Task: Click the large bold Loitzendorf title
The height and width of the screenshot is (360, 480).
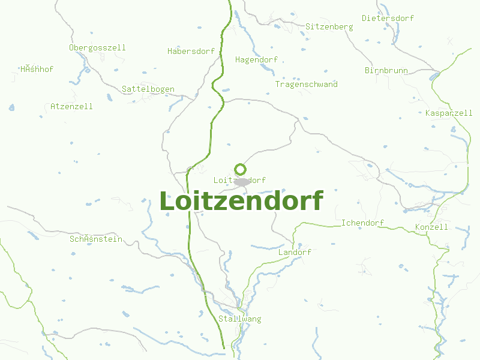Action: (x=241, y=201)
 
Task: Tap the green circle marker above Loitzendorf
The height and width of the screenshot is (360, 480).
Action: (x=240, y=169)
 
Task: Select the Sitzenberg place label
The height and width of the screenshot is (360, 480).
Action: (x=329, y=27)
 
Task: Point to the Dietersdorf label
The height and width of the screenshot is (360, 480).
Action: (x=388, y=18)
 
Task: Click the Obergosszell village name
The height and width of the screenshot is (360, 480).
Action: (x=97, y=47)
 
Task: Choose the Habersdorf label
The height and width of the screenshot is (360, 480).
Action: (x=191, y=51)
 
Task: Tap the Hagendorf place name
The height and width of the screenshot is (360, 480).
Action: (x=256, y=59)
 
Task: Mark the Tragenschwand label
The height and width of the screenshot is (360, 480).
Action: (x=306, y=84)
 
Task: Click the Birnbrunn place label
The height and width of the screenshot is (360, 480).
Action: (x=386, y=70)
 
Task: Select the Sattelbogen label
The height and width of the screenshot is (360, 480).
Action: (x=148, y=89)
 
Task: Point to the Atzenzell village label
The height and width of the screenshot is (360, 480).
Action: (x=71, y=106)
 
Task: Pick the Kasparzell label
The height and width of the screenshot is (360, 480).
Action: (x=448, y=113)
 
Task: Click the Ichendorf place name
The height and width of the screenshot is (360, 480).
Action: (x=362, y=223)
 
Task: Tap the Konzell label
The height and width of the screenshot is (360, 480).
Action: (x=431, y=227)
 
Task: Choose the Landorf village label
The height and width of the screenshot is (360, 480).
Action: (x=295, y=252)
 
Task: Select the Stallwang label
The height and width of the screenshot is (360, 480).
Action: (x=240, y=319)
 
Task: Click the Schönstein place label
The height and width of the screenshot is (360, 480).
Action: (x=95, y=239)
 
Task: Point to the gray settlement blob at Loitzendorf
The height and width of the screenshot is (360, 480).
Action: (x=242, y=181)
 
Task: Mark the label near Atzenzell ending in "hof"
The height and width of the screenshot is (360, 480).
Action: (x=37, y=69)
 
